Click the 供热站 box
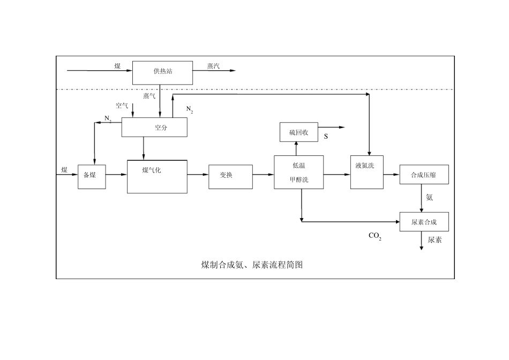[x=162, y=72]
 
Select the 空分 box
[x=154, y=127]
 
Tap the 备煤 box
[x=92, y=175]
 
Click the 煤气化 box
[x=157, y=176]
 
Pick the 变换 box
[x=230, y=176]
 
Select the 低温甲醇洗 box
[x=300, y=172]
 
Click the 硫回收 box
[x=299, y=132]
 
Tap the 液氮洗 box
[x=367, y=171]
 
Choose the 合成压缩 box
[x=424, y=175]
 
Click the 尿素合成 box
[x=424, y=222]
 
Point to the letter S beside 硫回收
[x=326, y=137]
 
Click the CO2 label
[x=375, y=236]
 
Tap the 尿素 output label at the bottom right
[x=435, y=241]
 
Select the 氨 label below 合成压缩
[x=429, y=198]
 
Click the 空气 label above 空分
[x=122, y=106]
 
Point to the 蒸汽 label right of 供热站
[x=214, y=66]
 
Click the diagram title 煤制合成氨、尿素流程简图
[x=252, y=265]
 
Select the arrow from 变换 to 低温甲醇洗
[x=263, y=174]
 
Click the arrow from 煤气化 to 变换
[x=198, y=174]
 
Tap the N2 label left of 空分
[x=108, y=118]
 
